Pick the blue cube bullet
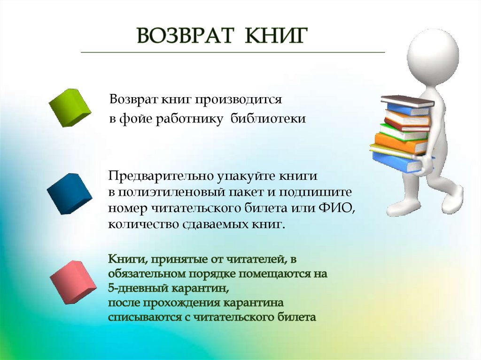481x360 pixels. coord(69,193)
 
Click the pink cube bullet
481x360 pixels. coord(73,282)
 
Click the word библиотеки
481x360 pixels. coord(268,119)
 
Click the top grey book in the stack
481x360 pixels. coord(407,100)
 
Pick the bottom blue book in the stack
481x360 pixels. coord(395,162)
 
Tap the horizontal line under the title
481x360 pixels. coord(233,52)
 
